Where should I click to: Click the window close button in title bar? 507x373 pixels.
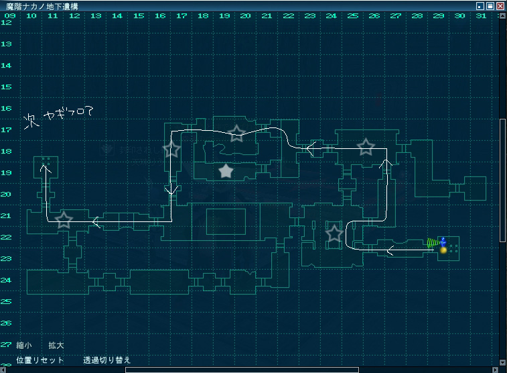500,6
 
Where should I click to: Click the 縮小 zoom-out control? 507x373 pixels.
24,345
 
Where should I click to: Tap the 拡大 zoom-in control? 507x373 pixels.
56,345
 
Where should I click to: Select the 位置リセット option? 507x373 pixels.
40,360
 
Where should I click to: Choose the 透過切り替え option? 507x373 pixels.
107,360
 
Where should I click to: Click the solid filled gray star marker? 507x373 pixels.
226,172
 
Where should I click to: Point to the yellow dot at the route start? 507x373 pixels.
443,250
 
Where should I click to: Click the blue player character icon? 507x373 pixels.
443,242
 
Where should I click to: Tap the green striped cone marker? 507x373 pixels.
433,243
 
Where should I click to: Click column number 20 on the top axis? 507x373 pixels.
245,15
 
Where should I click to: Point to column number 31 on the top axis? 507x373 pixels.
481,15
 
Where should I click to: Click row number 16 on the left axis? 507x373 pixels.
7,108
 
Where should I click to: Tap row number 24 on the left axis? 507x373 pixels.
7,280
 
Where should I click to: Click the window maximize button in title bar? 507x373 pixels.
490,6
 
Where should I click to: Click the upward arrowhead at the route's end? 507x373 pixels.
44,168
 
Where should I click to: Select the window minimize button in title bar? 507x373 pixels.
480,6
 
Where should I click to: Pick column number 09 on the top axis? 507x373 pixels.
10,15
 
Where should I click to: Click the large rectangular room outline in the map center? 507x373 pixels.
225,221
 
